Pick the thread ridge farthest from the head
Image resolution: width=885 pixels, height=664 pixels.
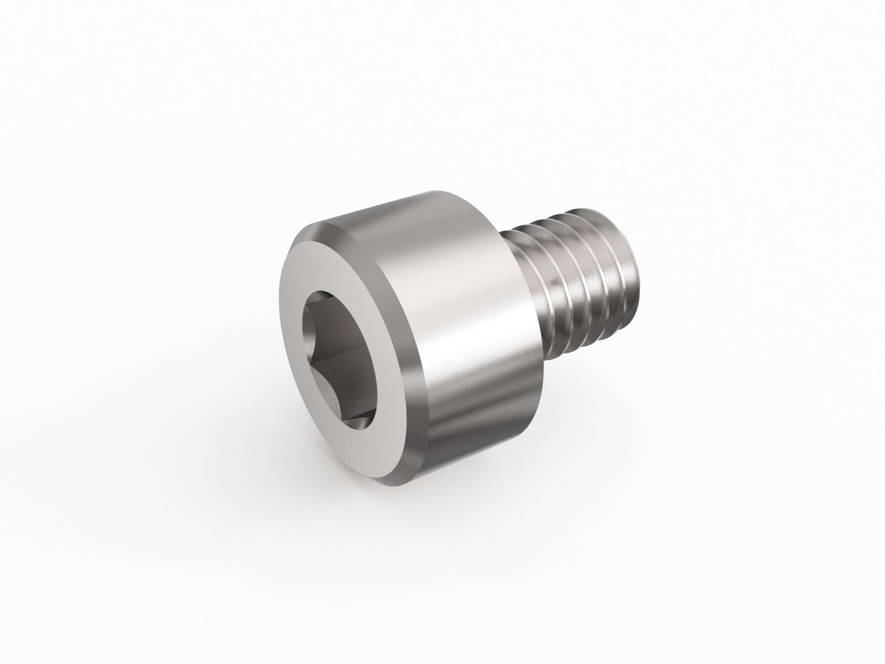coord(619,266)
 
